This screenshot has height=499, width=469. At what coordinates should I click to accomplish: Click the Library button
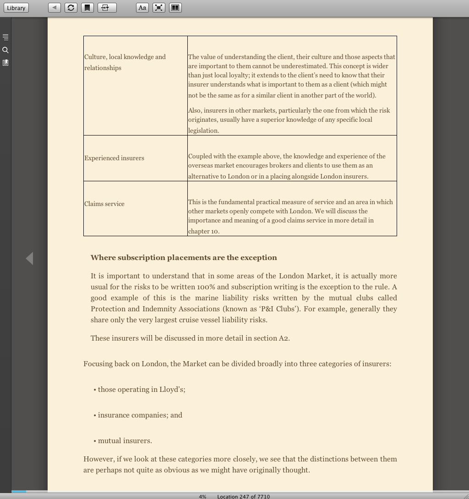16,8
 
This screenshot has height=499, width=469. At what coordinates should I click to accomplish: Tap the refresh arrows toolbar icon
71,8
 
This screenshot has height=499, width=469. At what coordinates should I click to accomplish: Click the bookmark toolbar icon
87,8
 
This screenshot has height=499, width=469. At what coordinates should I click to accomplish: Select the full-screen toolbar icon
158,8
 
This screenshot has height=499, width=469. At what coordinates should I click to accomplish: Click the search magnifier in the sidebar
5,50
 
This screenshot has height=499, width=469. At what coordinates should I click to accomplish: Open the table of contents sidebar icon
5,37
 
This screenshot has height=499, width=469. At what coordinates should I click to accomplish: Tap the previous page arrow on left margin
29,258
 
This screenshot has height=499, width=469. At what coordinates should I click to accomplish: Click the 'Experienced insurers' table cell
114,158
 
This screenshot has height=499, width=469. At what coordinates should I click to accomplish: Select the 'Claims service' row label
104,204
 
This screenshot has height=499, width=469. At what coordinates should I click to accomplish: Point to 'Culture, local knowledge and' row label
125,57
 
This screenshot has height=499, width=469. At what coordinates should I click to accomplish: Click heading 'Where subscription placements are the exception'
184,257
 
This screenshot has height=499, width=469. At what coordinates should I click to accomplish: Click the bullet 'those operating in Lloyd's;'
141,389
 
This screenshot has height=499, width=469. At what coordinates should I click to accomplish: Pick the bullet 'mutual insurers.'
125,440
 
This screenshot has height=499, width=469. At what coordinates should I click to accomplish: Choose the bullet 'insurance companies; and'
140,415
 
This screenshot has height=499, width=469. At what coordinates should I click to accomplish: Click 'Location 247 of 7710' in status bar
243,496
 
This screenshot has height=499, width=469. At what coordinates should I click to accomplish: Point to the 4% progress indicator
202,496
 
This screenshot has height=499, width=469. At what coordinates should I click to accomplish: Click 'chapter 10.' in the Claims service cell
204,231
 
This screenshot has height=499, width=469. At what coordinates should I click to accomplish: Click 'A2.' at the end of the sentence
284,338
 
